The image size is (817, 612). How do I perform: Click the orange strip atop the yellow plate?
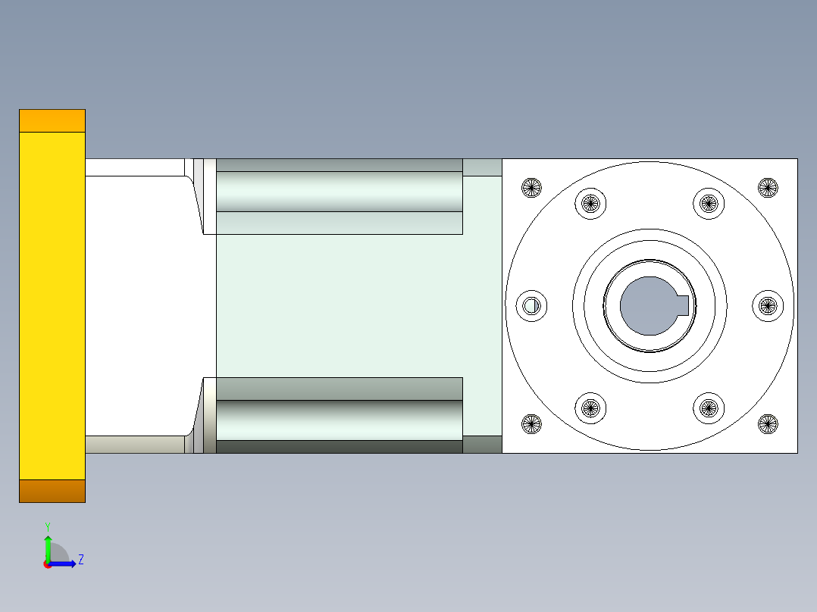52,120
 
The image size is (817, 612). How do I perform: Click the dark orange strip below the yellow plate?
52,491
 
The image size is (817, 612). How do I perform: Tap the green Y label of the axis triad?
47,526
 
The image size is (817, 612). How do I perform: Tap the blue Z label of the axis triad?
80,560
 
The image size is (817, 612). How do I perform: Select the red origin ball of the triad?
47,564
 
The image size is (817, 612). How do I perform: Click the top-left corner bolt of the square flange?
532,187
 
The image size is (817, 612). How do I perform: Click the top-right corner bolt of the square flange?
768,187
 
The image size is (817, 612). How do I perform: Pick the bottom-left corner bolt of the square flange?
532,424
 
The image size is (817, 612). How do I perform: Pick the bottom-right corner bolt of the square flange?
768,424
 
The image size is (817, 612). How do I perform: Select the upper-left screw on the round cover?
590,202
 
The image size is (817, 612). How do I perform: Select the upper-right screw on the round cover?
709,202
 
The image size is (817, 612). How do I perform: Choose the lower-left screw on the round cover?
590,408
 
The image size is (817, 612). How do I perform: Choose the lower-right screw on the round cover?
709,408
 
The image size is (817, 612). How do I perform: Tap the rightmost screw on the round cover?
768,305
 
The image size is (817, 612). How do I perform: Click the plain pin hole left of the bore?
531,305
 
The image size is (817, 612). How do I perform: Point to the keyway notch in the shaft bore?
683,305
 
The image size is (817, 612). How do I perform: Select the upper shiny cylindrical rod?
339,191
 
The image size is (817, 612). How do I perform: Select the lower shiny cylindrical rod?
339,420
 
